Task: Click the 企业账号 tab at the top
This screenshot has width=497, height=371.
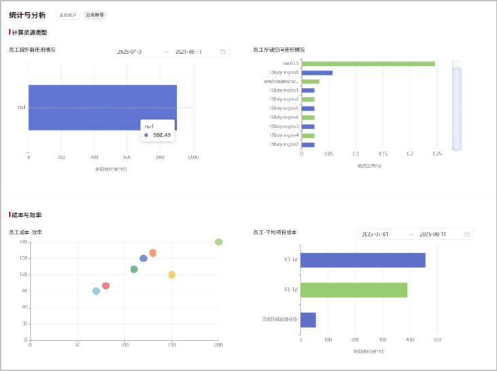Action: click(x=95, y=15)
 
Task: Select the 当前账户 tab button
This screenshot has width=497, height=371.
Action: click(x=69, y=15)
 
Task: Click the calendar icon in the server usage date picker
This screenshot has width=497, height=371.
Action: click(x=223, y=52)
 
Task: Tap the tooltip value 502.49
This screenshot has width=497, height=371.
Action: click(x=162, y=135)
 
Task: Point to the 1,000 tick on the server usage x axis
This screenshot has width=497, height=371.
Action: click(x=192, y=157)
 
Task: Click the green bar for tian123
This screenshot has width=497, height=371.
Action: click(x=368, y=64)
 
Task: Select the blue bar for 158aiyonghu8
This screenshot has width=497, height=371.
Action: click(x=317, y=73)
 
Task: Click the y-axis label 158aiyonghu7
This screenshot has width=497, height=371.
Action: click(x=284, y=145)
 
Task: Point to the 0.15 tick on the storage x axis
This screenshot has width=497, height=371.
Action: click(x=383, y=154)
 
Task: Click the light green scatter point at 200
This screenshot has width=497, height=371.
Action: click(x=218, y=242)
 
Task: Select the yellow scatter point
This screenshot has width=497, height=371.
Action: click(x=171, y=275)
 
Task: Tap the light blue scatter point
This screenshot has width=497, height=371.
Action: click(x=96, y=291)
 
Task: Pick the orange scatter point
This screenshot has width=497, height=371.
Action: click(x=153, y=253)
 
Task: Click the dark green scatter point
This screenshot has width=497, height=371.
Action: click(x=134, y=269)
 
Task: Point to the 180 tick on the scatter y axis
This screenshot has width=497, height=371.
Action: click(x=23, y=242)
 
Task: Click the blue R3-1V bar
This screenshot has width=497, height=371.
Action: click(x=362, y=260)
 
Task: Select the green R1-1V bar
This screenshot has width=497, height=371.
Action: click(x=354, y=290)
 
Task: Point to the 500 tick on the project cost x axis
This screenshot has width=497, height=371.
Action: click(x=437, y=340)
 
